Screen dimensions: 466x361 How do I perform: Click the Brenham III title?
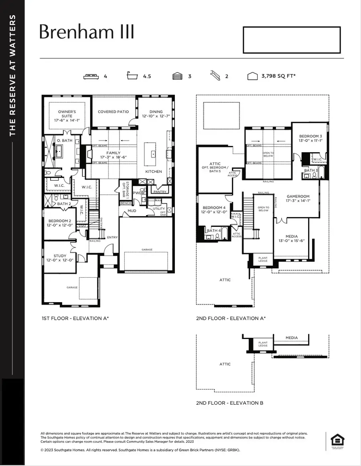[x=87, y=32]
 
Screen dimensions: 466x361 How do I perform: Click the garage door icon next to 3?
[x=177, y=76]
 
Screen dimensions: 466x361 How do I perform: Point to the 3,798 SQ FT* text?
[x=278, y=76]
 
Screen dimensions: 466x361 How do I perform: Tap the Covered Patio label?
[x=114, y=112]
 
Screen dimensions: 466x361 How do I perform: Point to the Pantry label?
[x=160, y=192]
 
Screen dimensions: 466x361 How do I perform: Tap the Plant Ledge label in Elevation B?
[x=263, y=344]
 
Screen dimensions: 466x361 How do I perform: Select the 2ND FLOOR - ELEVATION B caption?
[x=229, y=403]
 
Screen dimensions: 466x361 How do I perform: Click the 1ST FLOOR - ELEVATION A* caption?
[x=75, y=318]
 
